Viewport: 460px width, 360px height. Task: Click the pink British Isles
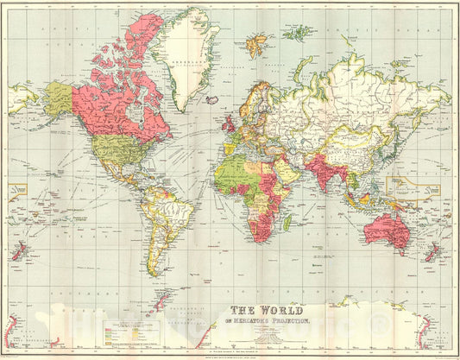[230, 124]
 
